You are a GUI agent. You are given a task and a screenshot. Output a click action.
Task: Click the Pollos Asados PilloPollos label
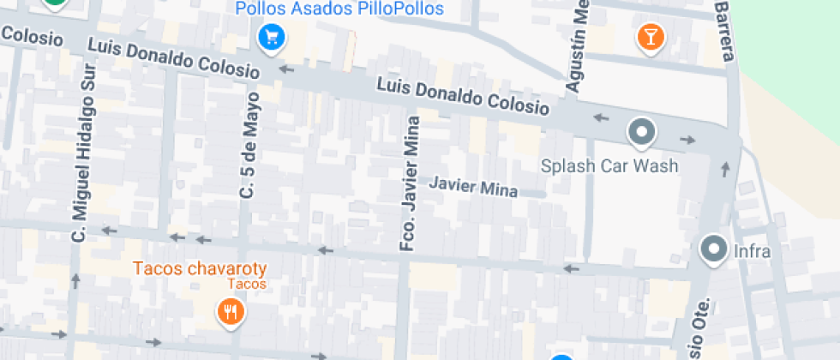click(x=339, y=9)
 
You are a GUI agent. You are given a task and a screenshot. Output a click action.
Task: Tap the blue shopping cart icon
click(x=272, y=37)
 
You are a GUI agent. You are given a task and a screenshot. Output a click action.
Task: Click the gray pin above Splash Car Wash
click(x=641, y=132)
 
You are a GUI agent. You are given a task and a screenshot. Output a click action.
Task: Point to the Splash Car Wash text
click(x=609, y=165)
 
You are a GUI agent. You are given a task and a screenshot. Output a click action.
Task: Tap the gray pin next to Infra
click(x=713, y=250)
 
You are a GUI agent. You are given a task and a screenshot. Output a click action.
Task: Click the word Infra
click(x=753, y=252)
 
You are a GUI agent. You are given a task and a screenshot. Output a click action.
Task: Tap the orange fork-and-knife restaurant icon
click(x=229, y=311)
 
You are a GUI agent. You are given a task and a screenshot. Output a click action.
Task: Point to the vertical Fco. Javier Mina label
click(x=411, y=183)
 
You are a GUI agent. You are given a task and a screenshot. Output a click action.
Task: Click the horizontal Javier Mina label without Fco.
click(x=473, y=186)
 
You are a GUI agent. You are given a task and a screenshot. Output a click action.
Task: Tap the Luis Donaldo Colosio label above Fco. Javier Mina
click(x=463, y=96)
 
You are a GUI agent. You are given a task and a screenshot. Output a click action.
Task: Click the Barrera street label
click(x=724, y=30)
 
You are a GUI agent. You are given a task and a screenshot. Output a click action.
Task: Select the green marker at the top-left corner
click(x=55, y=3)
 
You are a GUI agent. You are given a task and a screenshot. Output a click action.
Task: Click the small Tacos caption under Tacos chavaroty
click(x=248, y=285)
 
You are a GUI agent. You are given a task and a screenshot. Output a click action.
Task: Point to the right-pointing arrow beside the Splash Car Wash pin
click(x=688, y=139)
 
